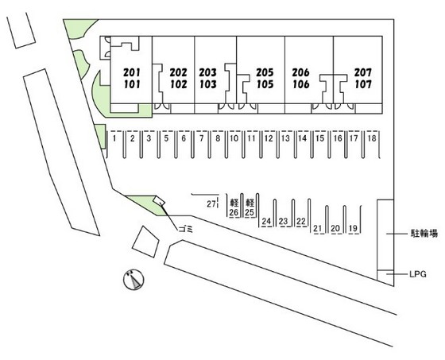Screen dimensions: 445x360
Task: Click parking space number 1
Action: [114, 138]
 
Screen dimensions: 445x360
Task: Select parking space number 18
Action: [372, 138]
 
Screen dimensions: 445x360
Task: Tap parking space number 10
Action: [234, 138]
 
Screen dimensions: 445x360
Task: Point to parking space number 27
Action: [211, 204]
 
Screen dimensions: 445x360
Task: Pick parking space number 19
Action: [353, 228]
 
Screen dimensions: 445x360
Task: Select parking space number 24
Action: [266, 221]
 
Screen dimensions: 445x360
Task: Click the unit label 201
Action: [132, 72]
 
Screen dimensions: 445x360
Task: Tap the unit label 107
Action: [363, 84]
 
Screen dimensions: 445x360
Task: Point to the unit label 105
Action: [265, 84]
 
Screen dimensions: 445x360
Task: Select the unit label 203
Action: [207, 72]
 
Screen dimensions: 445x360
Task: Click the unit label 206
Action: [301, 72]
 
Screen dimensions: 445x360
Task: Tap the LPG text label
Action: [418, 274]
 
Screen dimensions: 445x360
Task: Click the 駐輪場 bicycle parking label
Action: [424, 234]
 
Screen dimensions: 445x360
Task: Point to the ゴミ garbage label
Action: [186, 229]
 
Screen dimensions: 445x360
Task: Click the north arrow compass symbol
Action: [133, 280]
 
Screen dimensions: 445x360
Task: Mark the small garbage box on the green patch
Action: [159, 200]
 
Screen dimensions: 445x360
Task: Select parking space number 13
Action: [285, 138]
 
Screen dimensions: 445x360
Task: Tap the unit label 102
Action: [179, 84]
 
